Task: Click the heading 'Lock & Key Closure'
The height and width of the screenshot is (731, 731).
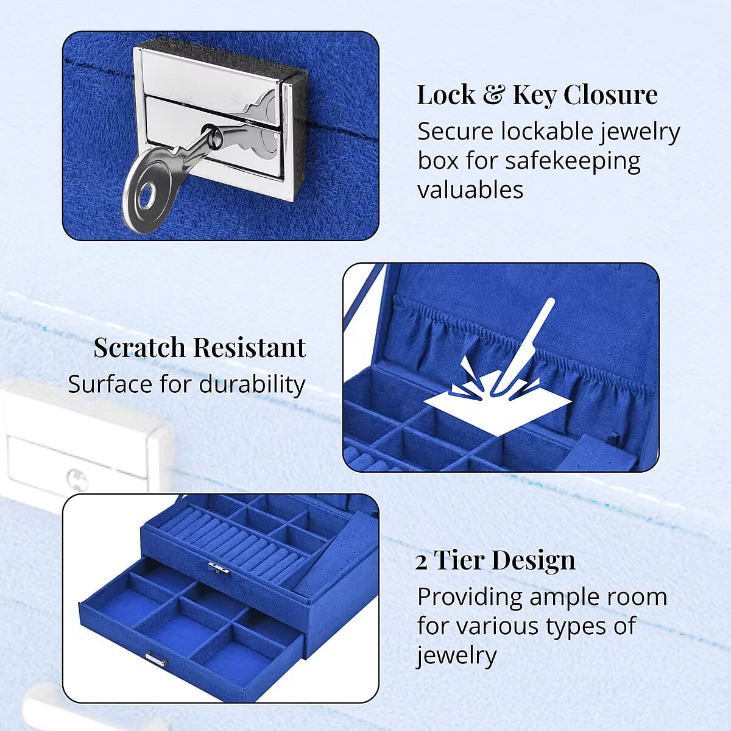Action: click(x=537, y=95)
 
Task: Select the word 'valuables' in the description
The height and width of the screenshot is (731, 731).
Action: click(x=470, y=189)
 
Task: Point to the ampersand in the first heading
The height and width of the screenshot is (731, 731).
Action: click(x=494, y=95)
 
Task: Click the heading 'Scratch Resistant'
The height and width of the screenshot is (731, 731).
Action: click(x=199, y=348)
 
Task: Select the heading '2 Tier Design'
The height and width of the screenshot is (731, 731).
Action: click(x=495, y=560)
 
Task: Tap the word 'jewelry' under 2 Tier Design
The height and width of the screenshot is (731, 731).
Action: click(x=457, y=655)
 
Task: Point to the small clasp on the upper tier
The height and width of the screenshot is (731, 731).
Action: click(x=219, y=568)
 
